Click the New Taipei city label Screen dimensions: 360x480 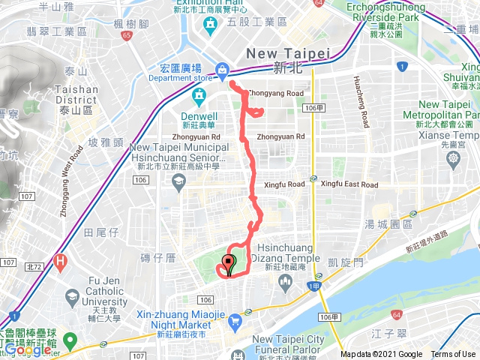(289, 54)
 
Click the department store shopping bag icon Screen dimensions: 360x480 (222, 70)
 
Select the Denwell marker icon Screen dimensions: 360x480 (199, 95)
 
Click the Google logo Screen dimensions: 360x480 (28, 349)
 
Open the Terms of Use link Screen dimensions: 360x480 (452, 355)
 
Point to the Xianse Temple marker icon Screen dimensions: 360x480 (454, 159)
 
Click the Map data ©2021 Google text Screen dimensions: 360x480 (381, 355)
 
